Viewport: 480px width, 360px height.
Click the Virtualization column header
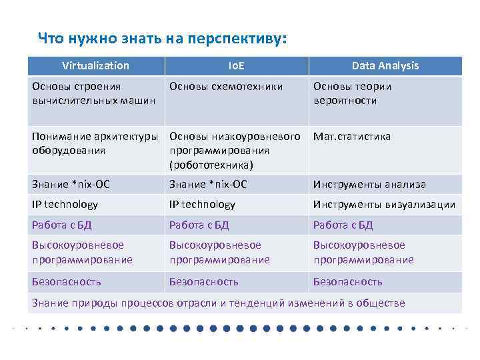95,65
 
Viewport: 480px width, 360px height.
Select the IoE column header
236,65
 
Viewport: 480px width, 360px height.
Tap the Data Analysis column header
385,65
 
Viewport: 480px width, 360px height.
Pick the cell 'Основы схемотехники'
226,86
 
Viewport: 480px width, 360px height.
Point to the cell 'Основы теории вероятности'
353,93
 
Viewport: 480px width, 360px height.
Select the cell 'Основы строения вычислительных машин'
93,93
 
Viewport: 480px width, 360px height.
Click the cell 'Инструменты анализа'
369,184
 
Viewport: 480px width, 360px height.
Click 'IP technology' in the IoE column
202,205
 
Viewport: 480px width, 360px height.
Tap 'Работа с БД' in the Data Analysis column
343,225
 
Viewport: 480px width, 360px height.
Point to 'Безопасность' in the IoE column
203,281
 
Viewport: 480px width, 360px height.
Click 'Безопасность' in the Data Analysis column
347,281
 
